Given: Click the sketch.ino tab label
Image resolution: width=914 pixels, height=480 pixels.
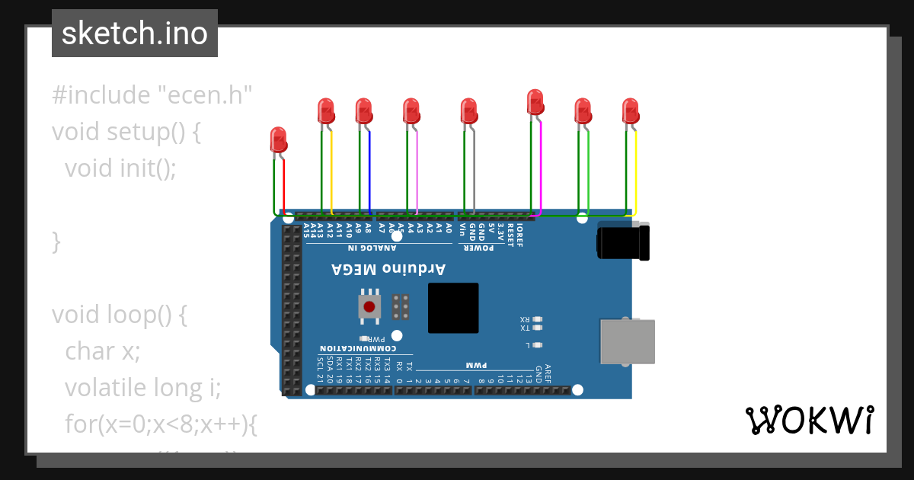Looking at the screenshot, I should pyautogui.click(x=135, y=34).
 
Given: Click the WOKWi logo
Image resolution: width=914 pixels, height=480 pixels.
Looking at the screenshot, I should pyautogui.click(x=809, y=420).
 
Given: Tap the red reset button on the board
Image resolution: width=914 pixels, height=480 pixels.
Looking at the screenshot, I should pyautogui.click(x=369, y=307).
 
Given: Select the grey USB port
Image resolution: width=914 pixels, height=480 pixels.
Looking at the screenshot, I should pyautogui.click(x=627, y=341).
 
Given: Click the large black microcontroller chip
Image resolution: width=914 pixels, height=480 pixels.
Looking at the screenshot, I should pyautogui.click(x=453, y=308).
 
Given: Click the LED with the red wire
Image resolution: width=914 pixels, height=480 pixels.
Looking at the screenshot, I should pyautogui.click(x=279, y=140).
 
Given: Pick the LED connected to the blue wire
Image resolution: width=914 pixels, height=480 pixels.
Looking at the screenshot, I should pyautogui.click(x=364, y=111).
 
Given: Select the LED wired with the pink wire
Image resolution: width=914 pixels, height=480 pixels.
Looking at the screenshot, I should pyautogui.click(x=411, y=111).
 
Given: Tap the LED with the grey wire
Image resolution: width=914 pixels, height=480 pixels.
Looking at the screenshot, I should pyautogui.click(x=469, y=111).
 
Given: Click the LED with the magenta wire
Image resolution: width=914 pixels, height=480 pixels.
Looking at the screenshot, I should pyautogui.click(x=535, y=102).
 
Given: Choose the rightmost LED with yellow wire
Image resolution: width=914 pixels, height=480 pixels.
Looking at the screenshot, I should pyautogui.click(x=631, y=111).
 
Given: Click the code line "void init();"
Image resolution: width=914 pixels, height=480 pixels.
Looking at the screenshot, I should pyautogui.click(x=120, y=168).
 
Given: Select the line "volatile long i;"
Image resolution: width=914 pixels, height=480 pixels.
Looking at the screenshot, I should pyautogui.click(x=142, y=388).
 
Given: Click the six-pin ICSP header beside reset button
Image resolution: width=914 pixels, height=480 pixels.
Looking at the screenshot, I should pyautogui.click(x=401, y=306).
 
